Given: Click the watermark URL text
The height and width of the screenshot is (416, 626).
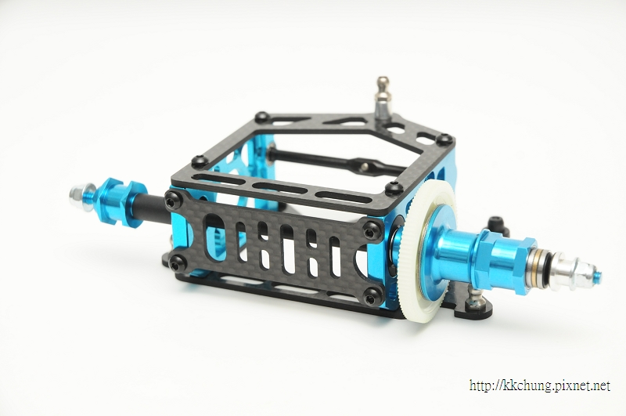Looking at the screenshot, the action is [x=540, y=385].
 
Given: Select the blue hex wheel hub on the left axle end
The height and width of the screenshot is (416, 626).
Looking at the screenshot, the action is [x=120, y=202].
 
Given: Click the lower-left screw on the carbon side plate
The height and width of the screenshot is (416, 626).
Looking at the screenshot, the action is [x=178, y=263].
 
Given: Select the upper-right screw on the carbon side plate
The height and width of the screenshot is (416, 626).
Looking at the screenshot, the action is [x=372, y=230].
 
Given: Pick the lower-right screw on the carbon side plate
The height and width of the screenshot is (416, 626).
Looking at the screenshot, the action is [x=372, y=296].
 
